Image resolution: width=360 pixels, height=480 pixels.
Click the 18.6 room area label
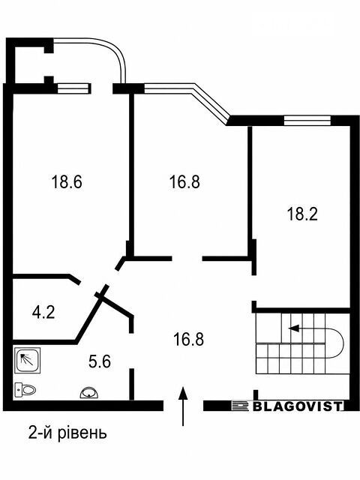click(67, 181)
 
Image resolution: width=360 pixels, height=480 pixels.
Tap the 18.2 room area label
click(302, 214)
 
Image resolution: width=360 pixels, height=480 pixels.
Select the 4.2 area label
click(43, 313)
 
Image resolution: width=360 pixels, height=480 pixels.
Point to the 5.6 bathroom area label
click(100, 361)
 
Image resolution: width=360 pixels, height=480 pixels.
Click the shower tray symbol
click(28, 360)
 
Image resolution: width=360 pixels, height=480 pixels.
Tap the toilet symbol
click(25, 390)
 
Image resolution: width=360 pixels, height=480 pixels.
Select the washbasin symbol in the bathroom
click(90, 393)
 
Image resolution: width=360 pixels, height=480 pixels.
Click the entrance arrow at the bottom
click(183, 406)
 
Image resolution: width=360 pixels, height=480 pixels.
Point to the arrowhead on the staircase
click(293, 328)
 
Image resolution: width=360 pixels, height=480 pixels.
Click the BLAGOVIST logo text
click(298, 406)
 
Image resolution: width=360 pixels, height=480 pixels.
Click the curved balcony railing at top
click(101, 49)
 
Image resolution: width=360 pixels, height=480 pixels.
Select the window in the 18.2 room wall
click(307, 120)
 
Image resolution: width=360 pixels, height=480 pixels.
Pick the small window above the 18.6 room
click(73, 88)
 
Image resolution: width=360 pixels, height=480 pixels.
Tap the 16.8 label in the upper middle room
click(184, 181)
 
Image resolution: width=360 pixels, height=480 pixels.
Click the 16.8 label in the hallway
click(188, 339)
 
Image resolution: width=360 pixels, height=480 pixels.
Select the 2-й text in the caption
click(40, 433)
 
